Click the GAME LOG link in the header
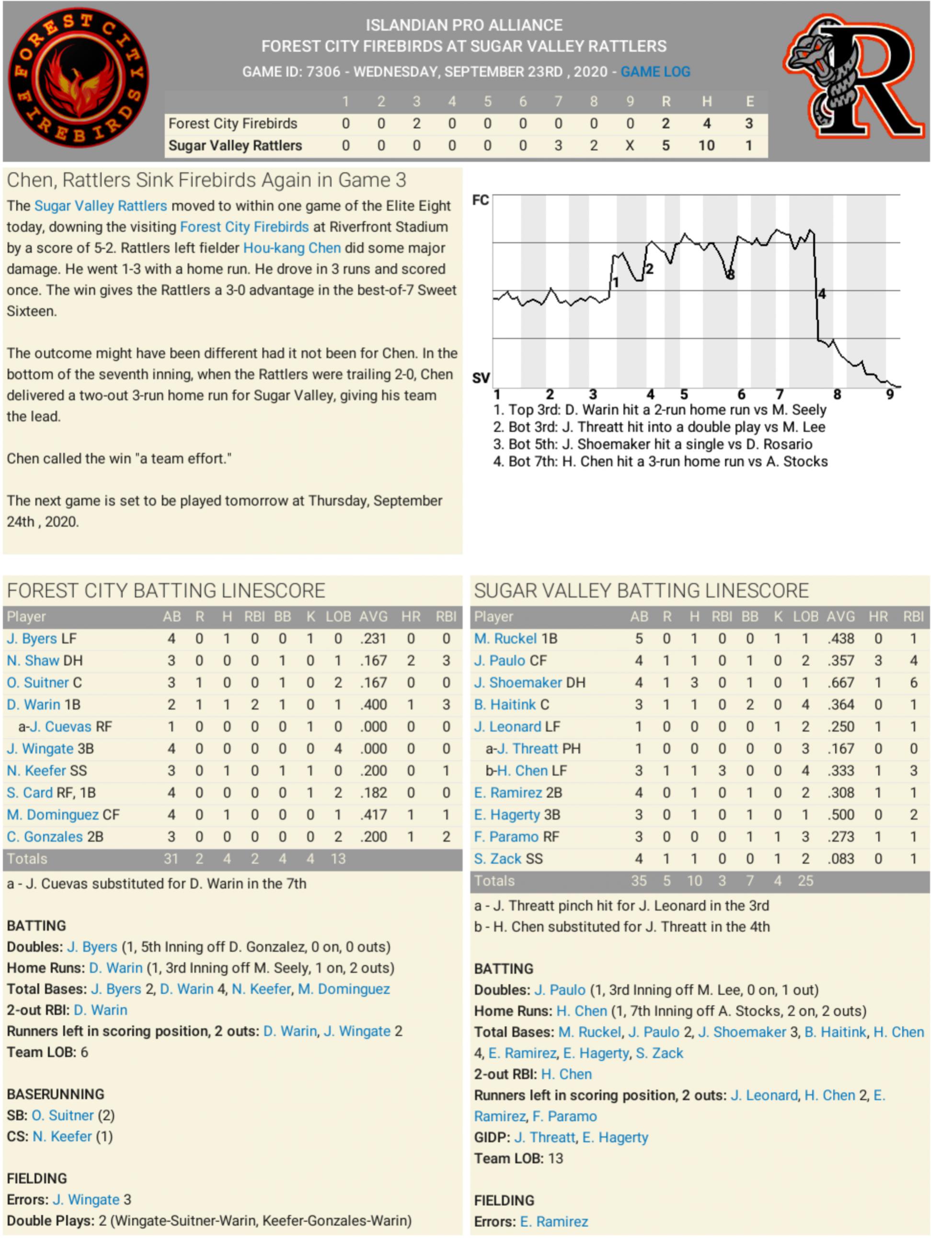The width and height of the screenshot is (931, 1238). tap(655, 72)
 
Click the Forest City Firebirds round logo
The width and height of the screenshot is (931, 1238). tap(79, 77)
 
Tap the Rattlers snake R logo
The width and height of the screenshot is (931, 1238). tap(854, 77)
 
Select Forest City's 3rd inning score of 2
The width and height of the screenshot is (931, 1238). tap(416, 123)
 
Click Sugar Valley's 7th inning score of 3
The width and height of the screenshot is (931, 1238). tap(558, 146)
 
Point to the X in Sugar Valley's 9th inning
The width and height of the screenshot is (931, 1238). tap(630, 146)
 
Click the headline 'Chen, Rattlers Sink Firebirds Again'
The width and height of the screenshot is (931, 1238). tap(206, 180)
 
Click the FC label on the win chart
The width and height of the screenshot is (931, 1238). tap(480, 200)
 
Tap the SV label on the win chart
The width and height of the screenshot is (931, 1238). tap(480, 378)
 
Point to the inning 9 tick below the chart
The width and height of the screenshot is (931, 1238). tap(890, 394)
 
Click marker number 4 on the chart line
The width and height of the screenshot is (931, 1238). tap(822, 294)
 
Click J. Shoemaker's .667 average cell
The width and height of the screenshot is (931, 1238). tap(840, 682)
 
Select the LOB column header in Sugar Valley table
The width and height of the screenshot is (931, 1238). tap(805, 616)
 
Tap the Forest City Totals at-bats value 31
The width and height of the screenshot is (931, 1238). tap(171, 859)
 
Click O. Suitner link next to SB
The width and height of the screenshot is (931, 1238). tap(62, 1115)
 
